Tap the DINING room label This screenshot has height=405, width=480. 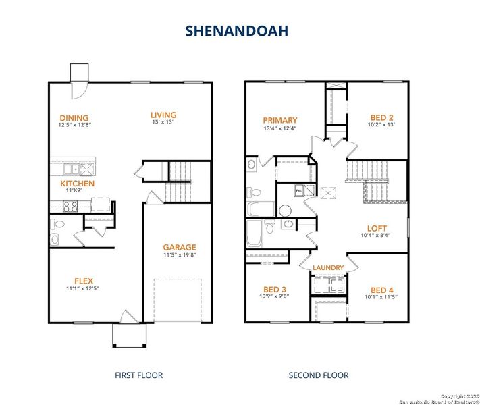tap(74, 118)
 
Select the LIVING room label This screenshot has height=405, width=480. tap(163, 115)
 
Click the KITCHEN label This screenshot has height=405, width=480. tap(77, 183)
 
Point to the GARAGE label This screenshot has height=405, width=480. tap(180, 247)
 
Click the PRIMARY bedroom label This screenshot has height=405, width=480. tap(279, 121)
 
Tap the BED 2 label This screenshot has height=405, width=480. tap(381, 116)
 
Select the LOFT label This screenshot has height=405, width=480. tap(377, 228)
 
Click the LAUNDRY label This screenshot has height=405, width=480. tap(328, 268)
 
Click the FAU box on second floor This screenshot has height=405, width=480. tap(300, 192)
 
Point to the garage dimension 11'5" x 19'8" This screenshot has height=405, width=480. tap(180, 256)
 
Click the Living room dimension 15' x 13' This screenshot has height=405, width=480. tap(163, 124)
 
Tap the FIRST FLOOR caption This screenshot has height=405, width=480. tap(139, 375)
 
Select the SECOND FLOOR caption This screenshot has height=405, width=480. tap(319, 375)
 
